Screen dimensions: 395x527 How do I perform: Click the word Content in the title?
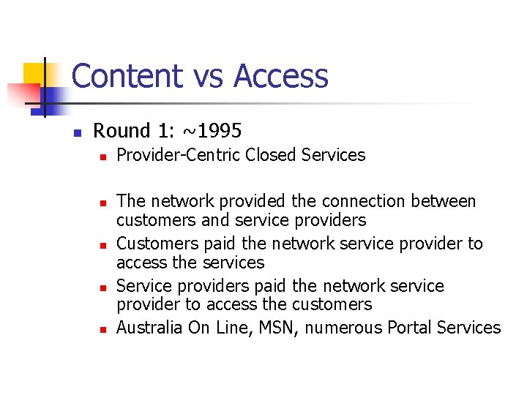(x=127, y=76)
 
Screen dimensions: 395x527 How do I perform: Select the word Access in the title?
(x=281, y=76)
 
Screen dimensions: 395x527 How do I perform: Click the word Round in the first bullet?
(x=122, y=131)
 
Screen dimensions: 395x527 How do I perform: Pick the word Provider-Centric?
(x=179, y=155)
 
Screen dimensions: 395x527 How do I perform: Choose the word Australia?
(x=149, y=328)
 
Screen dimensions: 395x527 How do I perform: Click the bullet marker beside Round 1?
(x=76, y=132)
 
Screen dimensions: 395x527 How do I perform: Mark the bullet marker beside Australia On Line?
(x=103, y=329)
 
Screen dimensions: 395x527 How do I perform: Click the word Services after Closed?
(x=333, y=155)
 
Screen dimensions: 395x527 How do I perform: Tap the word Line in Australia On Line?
(x=231, y=328)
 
